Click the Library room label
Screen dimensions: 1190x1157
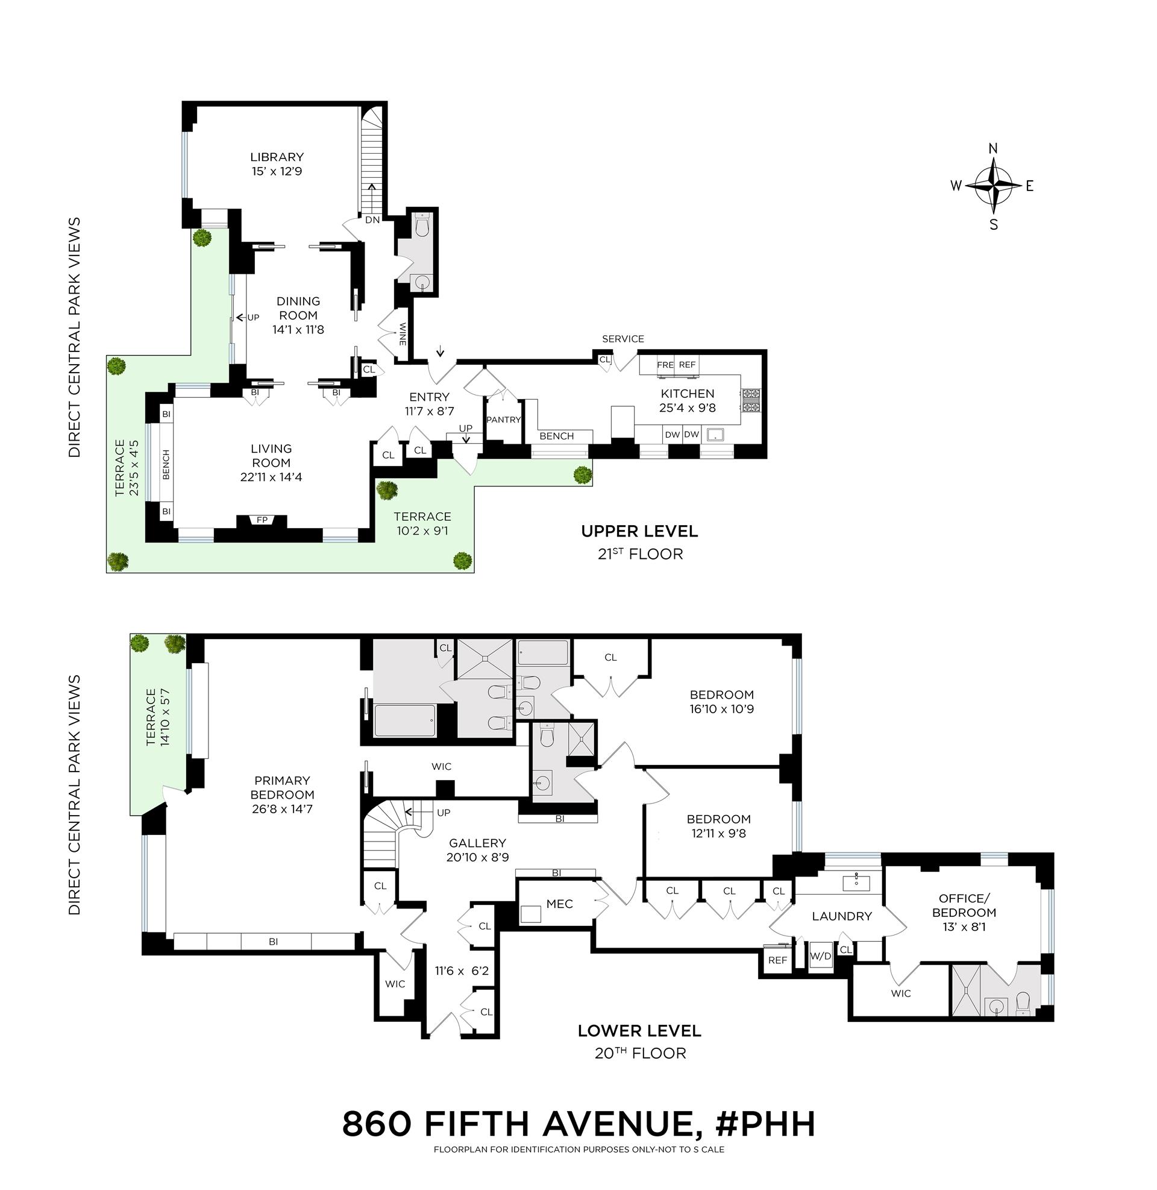277,157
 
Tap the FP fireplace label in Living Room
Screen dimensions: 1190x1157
262,520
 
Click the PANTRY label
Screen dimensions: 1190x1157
504,420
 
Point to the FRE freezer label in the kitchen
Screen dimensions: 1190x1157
665,365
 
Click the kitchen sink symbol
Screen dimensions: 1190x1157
718,435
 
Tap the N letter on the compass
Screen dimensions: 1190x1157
993,149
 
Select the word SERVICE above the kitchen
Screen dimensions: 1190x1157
623,339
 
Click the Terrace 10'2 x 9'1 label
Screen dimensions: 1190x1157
422,517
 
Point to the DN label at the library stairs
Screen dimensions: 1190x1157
372,219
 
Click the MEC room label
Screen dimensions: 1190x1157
559,904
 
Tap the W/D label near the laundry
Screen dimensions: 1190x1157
820,955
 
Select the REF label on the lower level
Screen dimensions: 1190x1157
777,960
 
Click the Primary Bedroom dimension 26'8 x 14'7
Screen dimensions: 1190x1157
282,809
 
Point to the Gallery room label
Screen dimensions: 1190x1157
477,843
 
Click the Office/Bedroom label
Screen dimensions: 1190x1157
964,905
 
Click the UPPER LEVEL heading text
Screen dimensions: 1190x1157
639,531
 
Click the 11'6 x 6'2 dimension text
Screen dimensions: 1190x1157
462,971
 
